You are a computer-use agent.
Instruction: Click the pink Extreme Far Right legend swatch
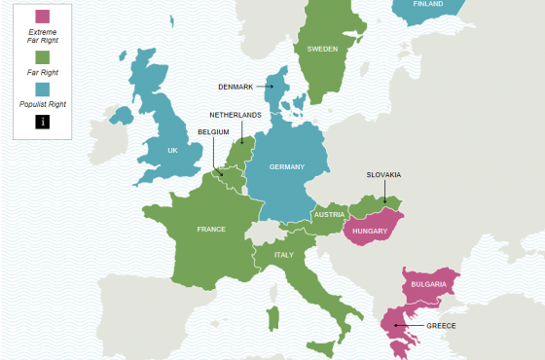point(41,16)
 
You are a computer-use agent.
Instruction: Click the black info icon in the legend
point(41,121)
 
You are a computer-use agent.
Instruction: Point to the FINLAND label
point(427,4)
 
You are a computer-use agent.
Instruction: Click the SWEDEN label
point(322,49)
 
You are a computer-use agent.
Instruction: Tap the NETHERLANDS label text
point(236,115)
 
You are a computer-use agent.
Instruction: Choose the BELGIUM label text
point(214,129)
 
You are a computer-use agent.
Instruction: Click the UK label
point(172,151)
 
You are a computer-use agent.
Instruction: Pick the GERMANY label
point(287,166)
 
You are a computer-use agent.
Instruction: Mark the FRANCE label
point(211,230)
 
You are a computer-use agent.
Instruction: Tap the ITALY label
point(284,255)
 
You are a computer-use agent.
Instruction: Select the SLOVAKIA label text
point(383,175)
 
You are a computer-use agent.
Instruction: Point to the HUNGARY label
point(371,232)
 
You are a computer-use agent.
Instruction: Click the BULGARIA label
point(429,283)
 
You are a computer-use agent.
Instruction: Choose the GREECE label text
point(441,325)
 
